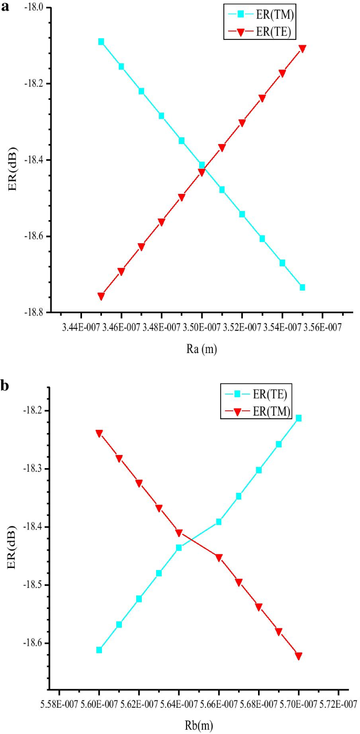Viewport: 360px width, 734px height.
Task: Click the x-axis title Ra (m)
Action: (x=201, y=349)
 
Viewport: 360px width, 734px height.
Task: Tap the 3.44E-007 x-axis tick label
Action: (x=81, y=328)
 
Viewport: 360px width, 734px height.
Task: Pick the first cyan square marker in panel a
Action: (x=101, y=42)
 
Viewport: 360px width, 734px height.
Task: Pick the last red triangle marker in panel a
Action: (x=302, y=48)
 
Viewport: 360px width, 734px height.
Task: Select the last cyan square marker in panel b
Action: (x=299, y=418)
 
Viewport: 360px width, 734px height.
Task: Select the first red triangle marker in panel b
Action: (x=99, y=433)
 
